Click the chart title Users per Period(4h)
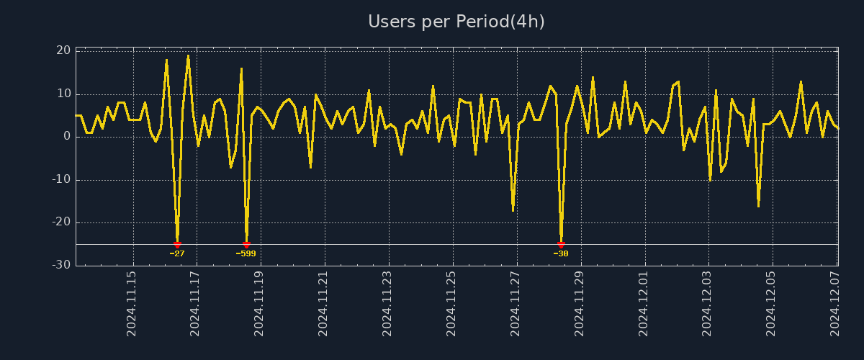click(456, 22)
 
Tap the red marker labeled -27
click(177, 245)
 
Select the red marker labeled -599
click(246, 245)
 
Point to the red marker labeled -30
click(561, 245)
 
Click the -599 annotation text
click(246, 253)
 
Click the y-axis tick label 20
click(63, 50)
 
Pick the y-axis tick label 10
click(63, 94)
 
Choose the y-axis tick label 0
click(67, 136)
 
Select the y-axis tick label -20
click(61, 222)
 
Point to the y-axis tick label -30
click(61, 265)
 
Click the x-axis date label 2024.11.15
click(132, 303)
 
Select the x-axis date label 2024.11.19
click(259, 303)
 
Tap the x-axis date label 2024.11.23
click(387, 303)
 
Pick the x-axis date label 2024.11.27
click(516, 303)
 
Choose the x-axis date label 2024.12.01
click(644, 303)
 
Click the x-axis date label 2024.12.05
click(772, 303)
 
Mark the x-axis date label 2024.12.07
click(835, 303)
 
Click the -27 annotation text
click(177, 253)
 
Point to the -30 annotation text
click(561, 253)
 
